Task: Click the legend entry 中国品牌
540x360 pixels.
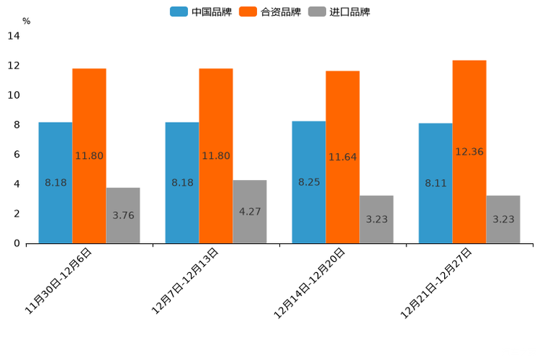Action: [201, 12]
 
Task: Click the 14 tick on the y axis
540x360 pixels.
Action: [13, 36]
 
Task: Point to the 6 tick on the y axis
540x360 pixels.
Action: [17, 155]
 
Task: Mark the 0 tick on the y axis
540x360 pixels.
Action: [17, 243]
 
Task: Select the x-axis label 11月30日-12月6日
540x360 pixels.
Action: [59, 280]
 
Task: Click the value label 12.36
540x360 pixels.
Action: [469, 152]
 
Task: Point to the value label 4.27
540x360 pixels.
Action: [250, 212]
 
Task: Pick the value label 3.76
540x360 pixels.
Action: [123, 216]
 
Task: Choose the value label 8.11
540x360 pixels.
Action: [435, 183]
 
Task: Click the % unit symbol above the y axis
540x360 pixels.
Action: [26, 21]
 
